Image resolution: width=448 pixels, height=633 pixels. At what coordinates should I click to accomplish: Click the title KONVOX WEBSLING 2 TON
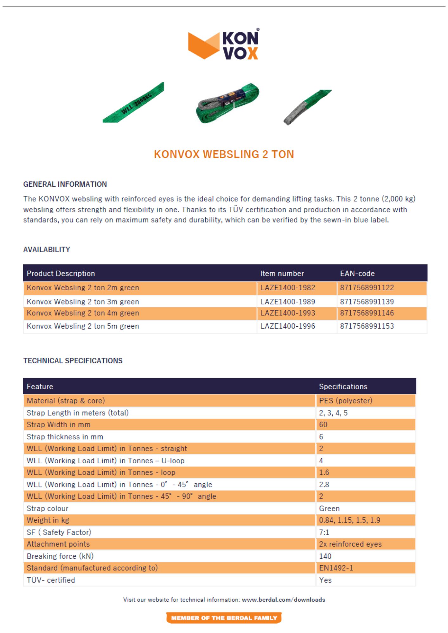coord(224,154)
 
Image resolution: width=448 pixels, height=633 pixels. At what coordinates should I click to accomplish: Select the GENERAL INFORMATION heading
coord(65,184)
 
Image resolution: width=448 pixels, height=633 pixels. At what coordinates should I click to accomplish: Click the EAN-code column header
coord(357,273)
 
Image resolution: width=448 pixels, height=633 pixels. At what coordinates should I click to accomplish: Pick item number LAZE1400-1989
coord(287,302)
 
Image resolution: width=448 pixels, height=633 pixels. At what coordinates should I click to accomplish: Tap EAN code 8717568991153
coord(367,326)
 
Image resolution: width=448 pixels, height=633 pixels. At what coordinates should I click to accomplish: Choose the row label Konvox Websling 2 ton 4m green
coord(83,313)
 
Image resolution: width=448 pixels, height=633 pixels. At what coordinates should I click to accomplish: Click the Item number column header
coord(282,273)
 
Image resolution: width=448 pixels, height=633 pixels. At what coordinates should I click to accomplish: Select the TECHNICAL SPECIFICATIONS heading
coord(73,361)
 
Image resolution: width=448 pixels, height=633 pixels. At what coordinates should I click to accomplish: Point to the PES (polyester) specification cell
coord(345,401)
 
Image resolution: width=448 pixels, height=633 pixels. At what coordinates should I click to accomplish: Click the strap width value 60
coord(323,425)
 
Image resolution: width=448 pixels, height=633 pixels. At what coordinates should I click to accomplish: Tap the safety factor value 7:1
coord(324,532)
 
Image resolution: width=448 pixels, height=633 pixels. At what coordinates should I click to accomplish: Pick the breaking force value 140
coord(325,556)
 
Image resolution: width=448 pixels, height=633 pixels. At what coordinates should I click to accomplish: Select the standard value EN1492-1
coord(336,568)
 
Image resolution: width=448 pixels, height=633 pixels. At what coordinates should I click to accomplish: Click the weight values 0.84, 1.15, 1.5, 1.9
coord(349,520)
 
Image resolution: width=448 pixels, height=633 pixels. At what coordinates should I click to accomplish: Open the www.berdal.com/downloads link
coord(283,600)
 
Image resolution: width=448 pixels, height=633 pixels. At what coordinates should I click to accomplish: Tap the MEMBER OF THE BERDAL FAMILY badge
coord(224,618)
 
